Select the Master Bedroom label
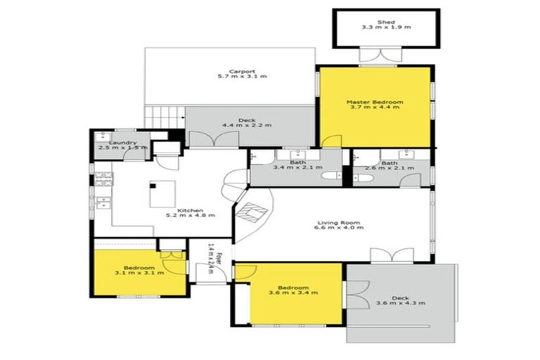pos(375,103)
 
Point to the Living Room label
pos(338,224)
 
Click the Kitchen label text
pos(191,210)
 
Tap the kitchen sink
pos(102,204)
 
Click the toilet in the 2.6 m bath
pos(364,179)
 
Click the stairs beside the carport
pos(164,116)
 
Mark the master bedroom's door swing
pos(330,141)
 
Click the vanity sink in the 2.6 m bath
pos(412,155)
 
